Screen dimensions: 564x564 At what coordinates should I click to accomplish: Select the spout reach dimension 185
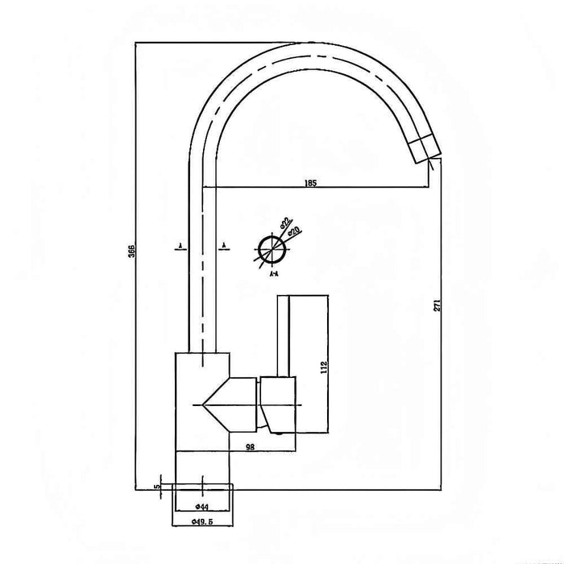[x=311, y=183]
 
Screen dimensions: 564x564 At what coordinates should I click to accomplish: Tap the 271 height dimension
[x=436, y=305]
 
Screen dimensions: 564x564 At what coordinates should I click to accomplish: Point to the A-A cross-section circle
[x=270, y=249]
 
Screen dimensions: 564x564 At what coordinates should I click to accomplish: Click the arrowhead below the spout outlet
[x=431, y=164]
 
